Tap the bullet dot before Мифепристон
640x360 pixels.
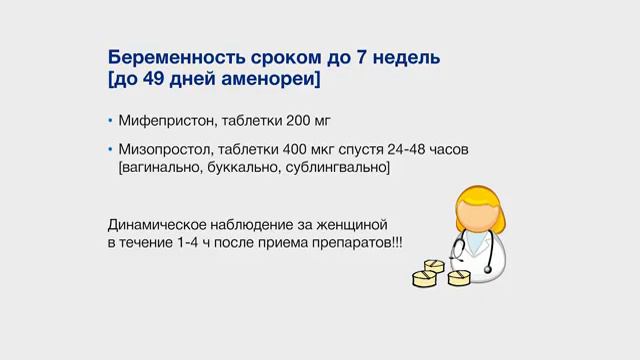point(111,122)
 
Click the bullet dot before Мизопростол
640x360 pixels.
point(111,150)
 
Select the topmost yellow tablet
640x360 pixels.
point(435,264)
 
